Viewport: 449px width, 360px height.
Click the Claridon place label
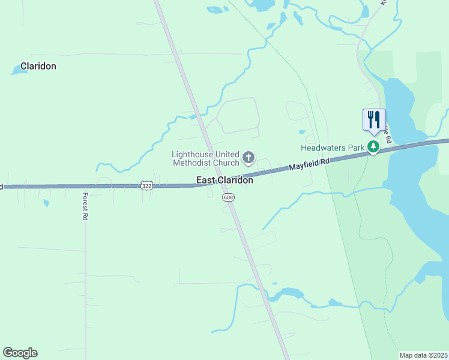[x=38, y=66]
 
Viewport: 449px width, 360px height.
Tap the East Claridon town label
[x=225, y=180]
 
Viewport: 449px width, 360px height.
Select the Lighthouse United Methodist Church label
[x=205, y=158]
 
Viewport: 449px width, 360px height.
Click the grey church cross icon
[x=248, y=158]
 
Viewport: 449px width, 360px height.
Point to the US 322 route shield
[x=146, y=186]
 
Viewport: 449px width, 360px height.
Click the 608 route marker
[x=228, y=197]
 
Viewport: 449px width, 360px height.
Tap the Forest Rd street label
[x=85, y=206]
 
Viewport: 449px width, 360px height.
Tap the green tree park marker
[x=373, y=146]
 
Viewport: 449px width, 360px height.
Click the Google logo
[x=20, y=353]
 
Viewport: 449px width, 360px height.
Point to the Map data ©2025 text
[x=423, y=355]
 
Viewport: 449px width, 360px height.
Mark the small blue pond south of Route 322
[x=46, y=203]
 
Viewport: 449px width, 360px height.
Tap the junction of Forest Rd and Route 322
[x=85, y=186]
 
